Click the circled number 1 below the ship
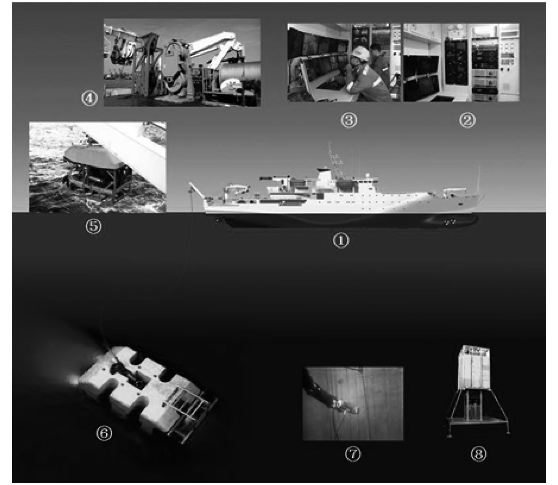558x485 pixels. (x=341, y=241)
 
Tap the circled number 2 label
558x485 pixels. (x=467, y=120)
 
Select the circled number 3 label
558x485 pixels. (x=349, y=120)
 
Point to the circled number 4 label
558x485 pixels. (x=89, y=98)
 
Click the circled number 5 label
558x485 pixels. (x=94, y=226)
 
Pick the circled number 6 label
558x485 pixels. (x=104, y=433)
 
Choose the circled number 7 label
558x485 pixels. (x=353, y=454)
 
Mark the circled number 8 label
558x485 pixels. (x=478, y=454)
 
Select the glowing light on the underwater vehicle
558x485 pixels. (x=72, y=379)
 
